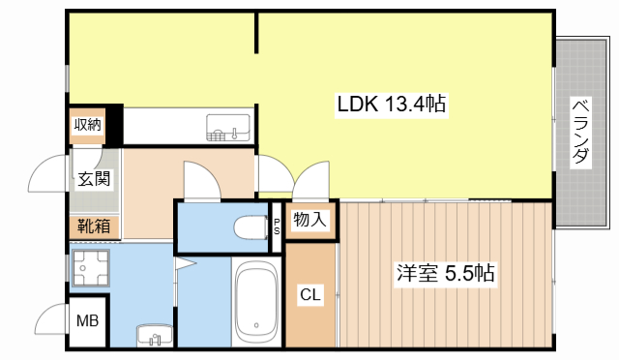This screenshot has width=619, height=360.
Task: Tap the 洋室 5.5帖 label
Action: click(445, 274)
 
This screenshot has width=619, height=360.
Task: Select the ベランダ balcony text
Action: click(579, 132)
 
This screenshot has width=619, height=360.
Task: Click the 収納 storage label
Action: click(87, 124)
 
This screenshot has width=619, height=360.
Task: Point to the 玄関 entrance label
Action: click(93, 178)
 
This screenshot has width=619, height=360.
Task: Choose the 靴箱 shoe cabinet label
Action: click(93, 227)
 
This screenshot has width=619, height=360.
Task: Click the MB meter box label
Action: click(86, 321)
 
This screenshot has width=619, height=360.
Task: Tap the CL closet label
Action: click(310, 294)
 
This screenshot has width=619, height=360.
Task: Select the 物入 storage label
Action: click(309, 221)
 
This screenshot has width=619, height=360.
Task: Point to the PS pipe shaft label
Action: click(277, 226)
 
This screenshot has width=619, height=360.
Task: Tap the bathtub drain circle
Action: click(256, 325)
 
